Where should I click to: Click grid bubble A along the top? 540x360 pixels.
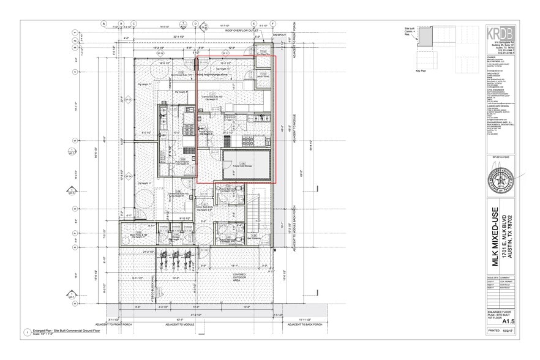coord(104,24)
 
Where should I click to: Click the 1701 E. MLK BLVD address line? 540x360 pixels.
coord(505,236)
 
